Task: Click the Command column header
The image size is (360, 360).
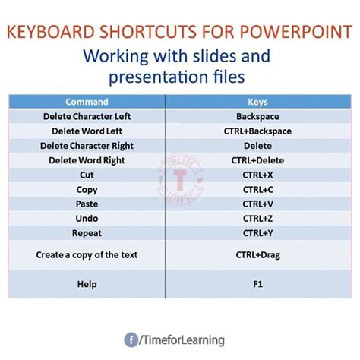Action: coord(87,101)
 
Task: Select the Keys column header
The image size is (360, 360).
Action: coord(258,101)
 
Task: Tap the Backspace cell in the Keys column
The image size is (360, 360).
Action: coord(258,117)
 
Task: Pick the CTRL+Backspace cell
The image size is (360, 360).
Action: coord(258,131)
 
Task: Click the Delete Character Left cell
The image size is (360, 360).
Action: coord(87,117)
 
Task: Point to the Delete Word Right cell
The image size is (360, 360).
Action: coord(87,160)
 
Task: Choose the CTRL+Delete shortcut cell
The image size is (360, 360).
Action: coord(258,160)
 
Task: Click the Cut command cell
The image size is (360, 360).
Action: coord(87,175)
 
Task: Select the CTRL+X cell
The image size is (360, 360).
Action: coord(258,175)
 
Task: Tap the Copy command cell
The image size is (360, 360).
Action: coord(87,189)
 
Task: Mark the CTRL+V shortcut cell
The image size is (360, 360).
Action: coord(258,204)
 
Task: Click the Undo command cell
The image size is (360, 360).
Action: coord(87,218)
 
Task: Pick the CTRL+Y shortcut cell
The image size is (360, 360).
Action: coord(258,233)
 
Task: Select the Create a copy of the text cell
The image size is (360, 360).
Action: coord(87,255)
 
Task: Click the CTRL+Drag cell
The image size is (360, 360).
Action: coord(258,255)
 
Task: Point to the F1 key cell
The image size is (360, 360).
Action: coord(258,284)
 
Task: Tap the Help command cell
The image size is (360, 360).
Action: coord(87,284)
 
